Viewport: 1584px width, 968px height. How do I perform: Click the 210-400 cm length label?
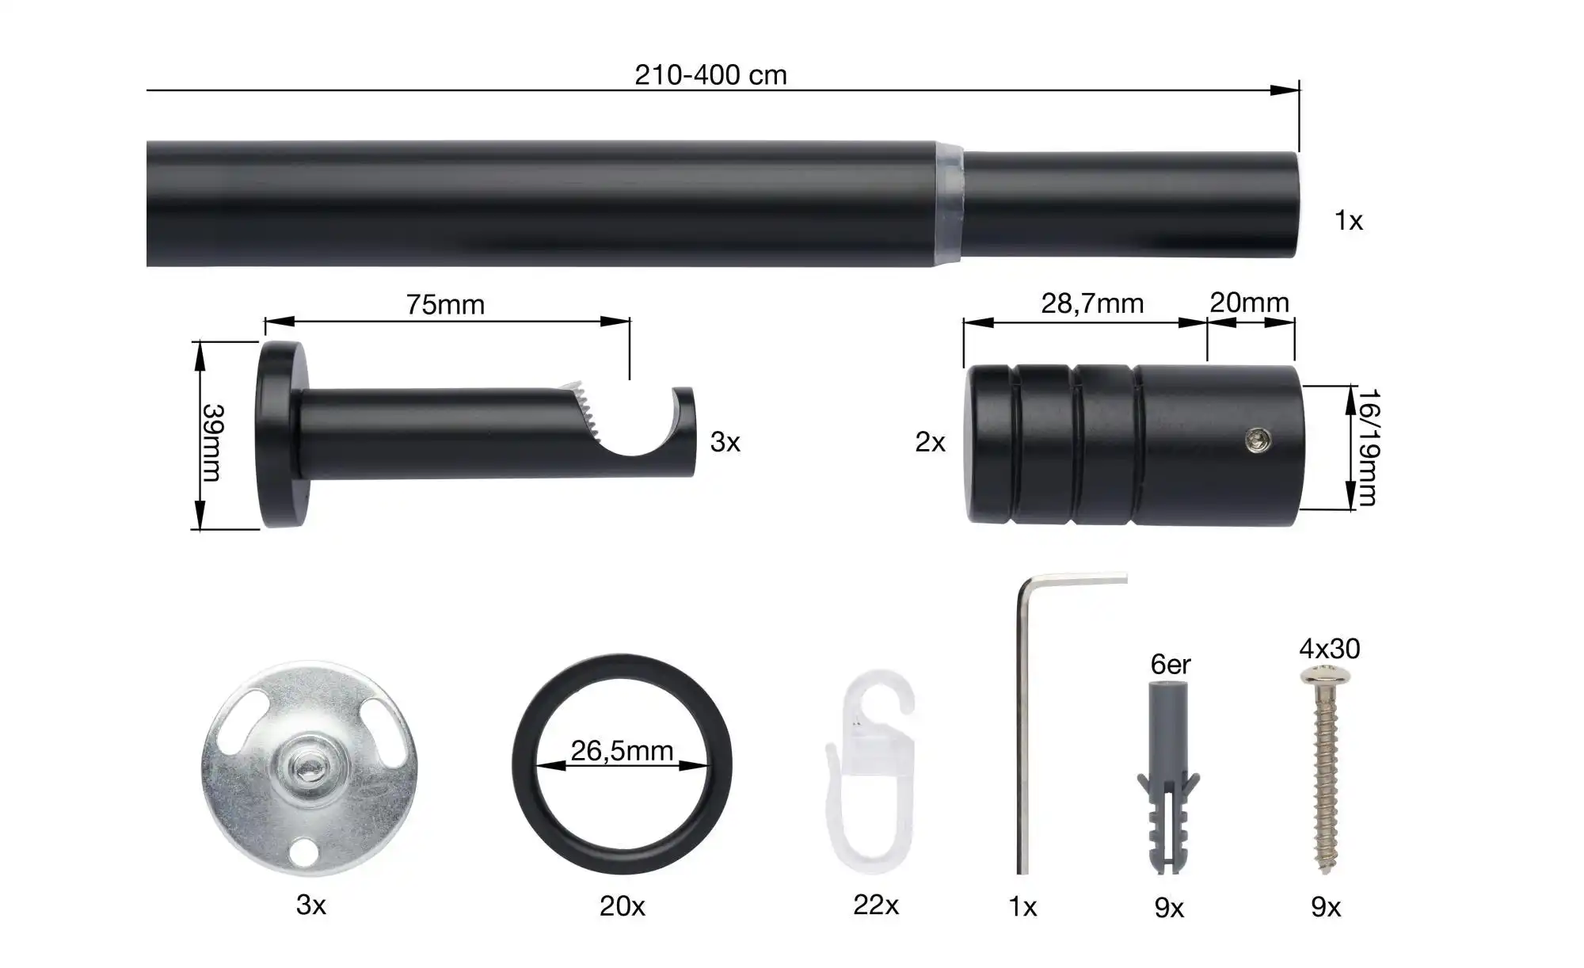pyautogui.click(x=710, y=75)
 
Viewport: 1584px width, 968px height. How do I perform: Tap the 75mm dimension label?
pyautogui.click(x=445, y=304)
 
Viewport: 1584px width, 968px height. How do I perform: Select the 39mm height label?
pyautogui.click(x=212, y=443)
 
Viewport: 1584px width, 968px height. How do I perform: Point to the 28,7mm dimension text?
pyautogui.click(x=1092, y=303)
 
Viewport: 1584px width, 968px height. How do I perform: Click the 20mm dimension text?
pyautogui.click(x=1250, y=303)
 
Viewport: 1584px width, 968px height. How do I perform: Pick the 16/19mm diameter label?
pyautogui.click(x=1368, y=448)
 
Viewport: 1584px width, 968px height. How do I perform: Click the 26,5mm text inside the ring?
pyautogui.click(x=622, y=750)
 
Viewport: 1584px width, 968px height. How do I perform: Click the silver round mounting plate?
pyautogui.click(x=309, y=769)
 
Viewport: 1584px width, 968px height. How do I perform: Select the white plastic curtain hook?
pyautogui.click(x=870, y=772)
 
